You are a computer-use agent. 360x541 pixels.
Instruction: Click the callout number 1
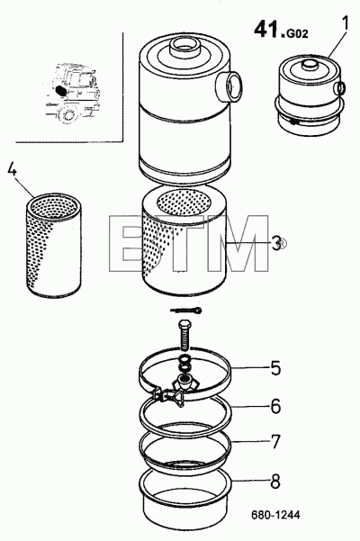pyautogui.click(x=345, y=23)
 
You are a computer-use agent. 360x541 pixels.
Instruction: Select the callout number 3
pyautogui.click(x=276, y=244)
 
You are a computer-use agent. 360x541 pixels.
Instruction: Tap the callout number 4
pyautogui.click(x=12, y=169)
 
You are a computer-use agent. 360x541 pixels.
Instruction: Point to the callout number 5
pyautogui.click(x=275, y=368)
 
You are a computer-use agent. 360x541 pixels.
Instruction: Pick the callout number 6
pyautogui.click(x=275, y=406)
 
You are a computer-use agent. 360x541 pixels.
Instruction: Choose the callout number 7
pyautogui.click(x=274, y=442)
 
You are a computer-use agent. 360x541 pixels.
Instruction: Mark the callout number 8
pyautogui.click(x=275, y=482)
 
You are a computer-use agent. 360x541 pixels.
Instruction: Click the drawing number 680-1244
pyautogui.click(x=275, y=515)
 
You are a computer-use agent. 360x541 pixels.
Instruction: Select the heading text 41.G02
pyautogui.click(x=281, y=30)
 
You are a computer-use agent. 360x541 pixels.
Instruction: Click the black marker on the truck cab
pyautogui.click(x=60, y=90)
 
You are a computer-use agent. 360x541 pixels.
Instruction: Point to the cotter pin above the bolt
pyautogui.click(x=185, y=311)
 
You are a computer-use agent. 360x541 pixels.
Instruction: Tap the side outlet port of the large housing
pyautogui.click(x=229, y=85)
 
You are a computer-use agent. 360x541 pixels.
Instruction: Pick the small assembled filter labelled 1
pyautogui.click(x=310, y=97)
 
